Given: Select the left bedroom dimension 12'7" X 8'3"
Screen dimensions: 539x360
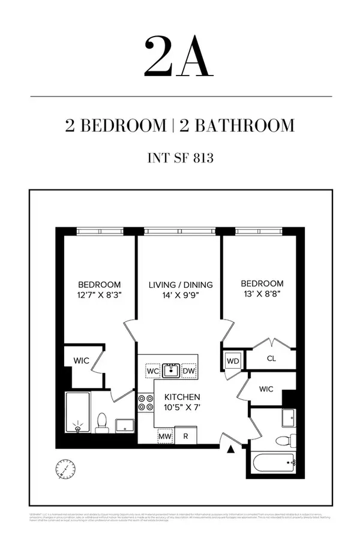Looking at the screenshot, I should click(99, 294).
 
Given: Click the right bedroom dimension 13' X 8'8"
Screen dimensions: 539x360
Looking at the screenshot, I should click(262, 294).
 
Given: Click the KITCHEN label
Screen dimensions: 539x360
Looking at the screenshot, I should click(182, 397).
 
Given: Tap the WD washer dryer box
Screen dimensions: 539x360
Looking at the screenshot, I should click(232, 362).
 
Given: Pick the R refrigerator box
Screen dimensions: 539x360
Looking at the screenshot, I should click(186, 436).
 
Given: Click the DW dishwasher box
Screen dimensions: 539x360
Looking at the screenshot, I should click(189, 371).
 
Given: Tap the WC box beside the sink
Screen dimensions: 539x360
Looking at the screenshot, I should click(152, 371).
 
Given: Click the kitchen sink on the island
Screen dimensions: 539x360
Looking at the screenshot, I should click(171, 371).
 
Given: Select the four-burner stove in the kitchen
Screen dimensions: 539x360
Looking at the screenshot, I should click(146, 402).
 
